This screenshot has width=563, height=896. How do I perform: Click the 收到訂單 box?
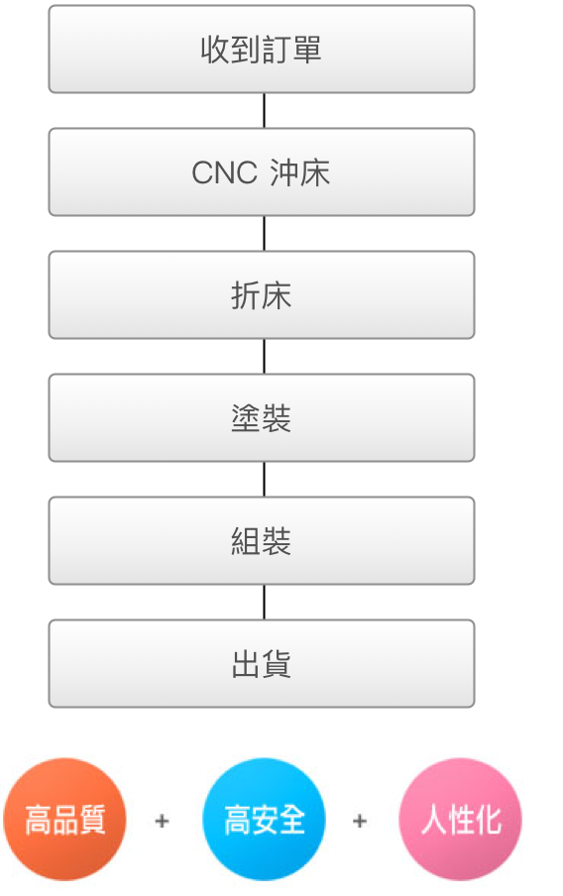pyautogui.click(x=262, y=50)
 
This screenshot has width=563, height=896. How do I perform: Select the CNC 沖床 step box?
pyautogui.click(x=262, y=172)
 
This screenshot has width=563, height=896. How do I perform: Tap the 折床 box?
pyautogui.click(x=262, y=294)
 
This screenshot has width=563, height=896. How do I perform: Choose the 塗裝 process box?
pyautogui.click(x=262, y=417)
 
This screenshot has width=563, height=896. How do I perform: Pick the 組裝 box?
pyautogui.click(x=262, y=540)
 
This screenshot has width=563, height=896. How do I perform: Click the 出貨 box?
pyautogui.click(x=262, y=663)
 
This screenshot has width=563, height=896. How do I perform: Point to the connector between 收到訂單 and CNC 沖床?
pyautogui.click(x=264, y=111)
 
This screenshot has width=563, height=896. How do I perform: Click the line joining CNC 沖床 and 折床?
pyautogui.click(x=264, y=234)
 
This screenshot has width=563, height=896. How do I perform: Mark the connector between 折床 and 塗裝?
pyautogui.click(x=264, y=357)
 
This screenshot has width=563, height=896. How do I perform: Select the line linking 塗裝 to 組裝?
pyautogui.click(x=264, y=480)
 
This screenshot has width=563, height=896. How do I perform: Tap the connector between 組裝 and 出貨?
pyautogui.click(x=264, y=603)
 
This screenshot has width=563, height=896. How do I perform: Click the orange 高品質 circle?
pyautogui.click(x=64, y=820)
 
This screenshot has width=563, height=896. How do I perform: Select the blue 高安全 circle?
pyautogui.click(x=264, y=820)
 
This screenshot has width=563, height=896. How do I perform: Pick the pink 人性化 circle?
pyautogui.click(x=461, y=820)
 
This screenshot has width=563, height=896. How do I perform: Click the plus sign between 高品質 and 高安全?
pyautogui.click(x=163, y=821)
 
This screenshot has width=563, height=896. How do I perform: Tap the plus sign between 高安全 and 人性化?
pyautogui.click(x=360, y=821)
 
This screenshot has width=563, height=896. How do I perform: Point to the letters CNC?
pyautogui.click(x=225, y=172)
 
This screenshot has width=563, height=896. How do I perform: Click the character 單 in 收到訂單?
pyautogui.click(x=307, y=50)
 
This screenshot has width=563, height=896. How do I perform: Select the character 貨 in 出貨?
pyautogui.click(x=277, y=664)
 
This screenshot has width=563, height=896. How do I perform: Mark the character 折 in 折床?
pyautogui.click(x=246, y=295)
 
